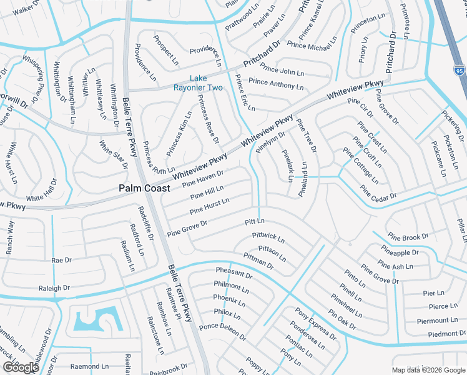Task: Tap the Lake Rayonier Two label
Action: [x=206, y=82]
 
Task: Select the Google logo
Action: [x=20, y=367]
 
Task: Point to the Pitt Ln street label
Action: [x=255, y=221]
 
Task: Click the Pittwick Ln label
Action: [x=268, y=237]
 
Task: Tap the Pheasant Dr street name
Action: [x=234, y=274]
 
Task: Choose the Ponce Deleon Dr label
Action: [x=222, y=331]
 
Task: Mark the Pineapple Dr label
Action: [x=399, y=252]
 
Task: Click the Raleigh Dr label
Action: [x=54, y=288]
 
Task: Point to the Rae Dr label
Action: [x=62, y=259]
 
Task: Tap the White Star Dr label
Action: [x=113, y=154]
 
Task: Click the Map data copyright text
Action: [x=428, y=370]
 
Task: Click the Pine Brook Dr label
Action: [x=408, y=237]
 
